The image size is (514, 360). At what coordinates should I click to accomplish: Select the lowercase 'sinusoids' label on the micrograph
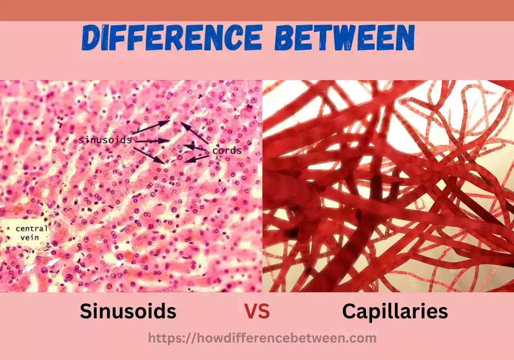[105, 139]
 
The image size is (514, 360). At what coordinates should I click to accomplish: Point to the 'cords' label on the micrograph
[226, 151]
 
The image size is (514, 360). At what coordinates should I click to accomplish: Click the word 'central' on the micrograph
[31, 228]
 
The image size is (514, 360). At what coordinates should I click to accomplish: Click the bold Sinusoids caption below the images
[128, 311]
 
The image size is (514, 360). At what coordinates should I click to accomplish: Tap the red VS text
[256, 312]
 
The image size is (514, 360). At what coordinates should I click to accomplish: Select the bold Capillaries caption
[395, 312]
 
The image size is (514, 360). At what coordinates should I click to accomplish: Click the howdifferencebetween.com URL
[262, 338]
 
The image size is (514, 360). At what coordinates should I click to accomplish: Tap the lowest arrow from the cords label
[197, 158]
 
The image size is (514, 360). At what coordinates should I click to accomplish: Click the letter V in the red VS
[250, 312]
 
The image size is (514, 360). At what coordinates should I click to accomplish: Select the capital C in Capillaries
[351, 312]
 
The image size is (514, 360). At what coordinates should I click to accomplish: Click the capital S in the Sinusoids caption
[86, 312]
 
